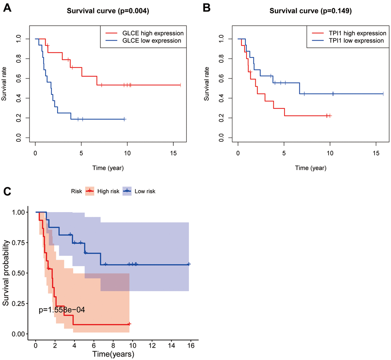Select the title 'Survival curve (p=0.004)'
coord(108,11)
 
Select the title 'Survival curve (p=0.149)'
coord(310,11)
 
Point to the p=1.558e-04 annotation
coord(62,310)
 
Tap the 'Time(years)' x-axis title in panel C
coord(113,354)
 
